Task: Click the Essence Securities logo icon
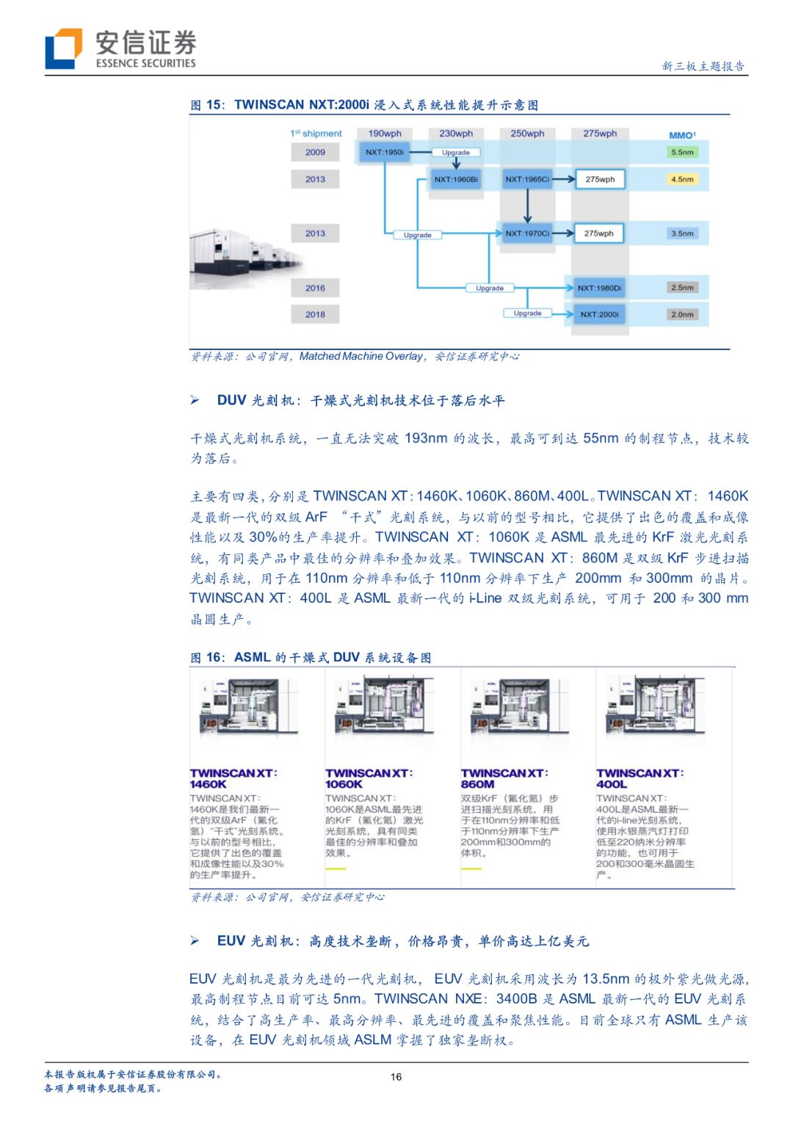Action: pos(63,49)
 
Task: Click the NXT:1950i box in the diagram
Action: pos(385,152)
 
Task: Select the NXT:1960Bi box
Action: pos(456,179)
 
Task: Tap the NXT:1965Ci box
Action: pos(527,179)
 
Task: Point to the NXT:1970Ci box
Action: pos(527,233)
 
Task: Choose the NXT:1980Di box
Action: pos(599,288)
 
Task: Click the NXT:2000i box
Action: pos(599,314)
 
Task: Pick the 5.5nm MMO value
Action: pos(681,152)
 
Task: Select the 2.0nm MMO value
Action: pos(681,314)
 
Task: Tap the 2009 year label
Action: pos(315,152)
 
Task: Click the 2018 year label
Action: pos(315,314)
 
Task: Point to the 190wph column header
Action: pos(385,134)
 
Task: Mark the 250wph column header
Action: pos(527,134)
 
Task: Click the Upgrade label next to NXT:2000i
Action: pos(527,313)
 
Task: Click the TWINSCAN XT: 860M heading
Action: pos(504,778)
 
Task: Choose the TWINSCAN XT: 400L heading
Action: pos(640,778)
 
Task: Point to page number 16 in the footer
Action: pos(396,1077)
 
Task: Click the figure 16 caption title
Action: pos(311,658)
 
